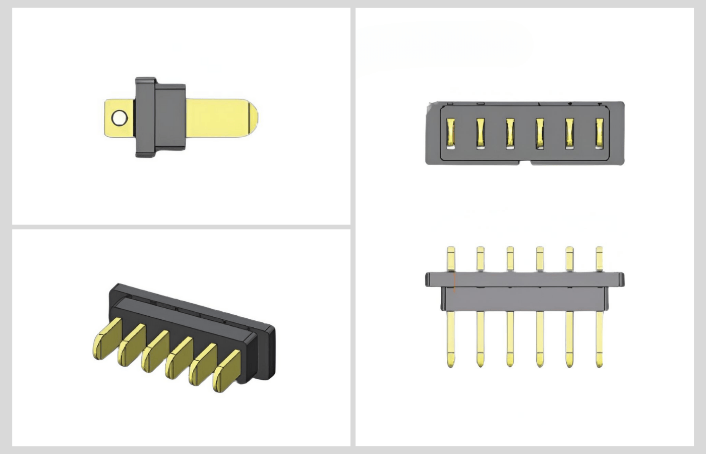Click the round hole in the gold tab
120,118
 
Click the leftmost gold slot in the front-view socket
450,134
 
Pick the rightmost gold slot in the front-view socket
599,134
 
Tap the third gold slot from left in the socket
510,134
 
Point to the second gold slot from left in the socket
480,134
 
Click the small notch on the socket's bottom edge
530,162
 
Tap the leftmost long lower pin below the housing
450,338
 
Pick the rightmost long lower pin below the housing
599,338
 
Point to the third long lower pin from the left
510,338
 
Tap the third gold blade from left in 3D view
155,352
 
